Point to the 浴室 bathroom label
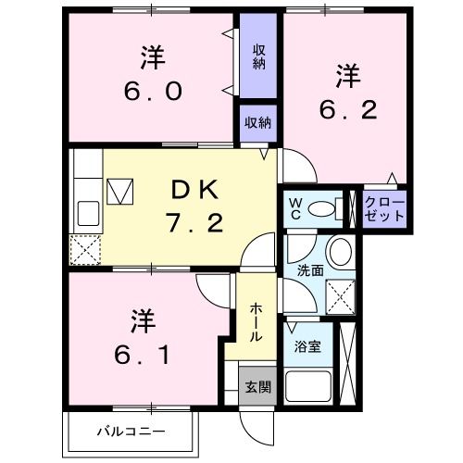[307, 348]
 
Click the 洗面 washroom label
[309, 272]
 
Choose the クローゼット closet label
[384, 208]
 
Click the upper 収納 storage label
[260, 58]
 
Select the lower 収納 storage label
[258, 123]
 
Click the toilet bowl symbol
[322, 209]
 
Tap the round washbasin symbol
[340, 251]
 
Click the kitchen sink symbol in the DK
[89, 213]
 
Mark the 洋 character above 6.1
[141, 320]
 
